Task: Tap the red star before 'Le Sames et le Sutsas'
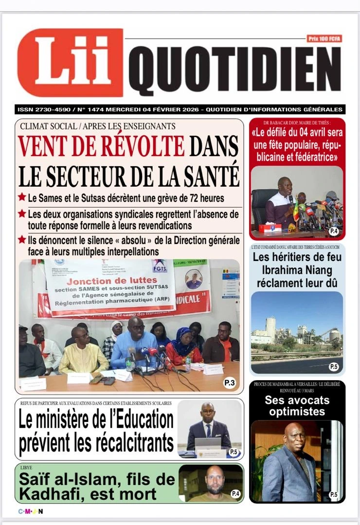[22, 198]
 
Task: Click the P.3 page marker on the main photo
[230, 384]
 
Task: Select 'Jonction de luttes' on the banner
[109, 282]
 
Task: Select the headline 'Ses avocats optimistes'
[297, 406]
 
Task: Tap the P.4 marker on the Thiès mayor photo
[333, 231]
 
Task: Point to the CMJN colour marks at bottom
[31, 511]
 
